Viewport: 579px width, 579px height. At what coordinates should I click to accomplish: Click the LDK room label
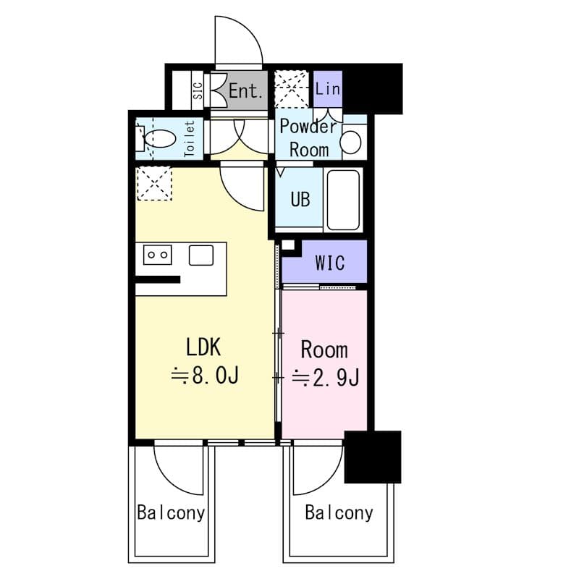(203, 347)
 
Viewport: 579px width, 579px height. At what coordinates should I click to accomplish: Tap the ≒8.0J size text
(205, 376)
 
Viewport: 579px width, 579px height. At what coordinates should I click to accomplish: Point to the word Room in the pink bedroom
(324, 350)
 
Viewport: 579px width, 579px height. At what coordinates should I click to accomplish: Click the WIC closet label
(329, 262)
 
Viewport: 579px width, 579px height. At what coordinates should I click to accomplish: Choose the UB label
(300, 199)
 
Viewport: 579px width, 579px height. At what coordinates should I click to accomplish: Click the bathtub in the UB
(343, 199)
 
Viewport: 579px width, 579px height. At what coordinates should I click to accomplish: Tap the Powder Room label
(308, 138)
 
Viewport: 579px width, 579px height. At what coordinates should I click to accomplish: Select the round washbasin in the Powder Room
(352, 142)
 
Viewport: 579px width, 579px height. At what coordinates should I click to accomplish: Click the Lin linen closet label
(328, 90)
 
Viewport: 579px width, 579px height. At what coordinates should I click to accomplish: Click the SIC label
(197, 90)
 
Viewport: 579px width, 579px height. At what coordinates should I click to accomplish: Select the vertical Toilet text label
(190, 138)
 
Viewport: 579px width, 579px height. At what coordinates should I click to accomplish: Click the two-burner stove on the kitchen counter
(157, 254)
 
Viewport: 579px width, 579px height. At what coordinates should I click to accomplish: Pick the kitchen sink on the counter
(200, 255)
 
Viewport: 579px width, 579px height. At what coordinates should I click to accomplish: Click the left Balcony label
(171, 513)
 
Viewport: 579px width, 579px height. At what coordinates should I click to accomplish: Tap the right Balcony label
(339, 513)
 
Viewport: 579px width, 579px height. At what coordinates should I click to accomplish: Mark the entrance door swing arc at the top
(239, 40)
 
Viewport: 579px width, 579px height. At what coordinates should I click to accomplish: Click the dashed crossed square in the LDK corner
(154, 182)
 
